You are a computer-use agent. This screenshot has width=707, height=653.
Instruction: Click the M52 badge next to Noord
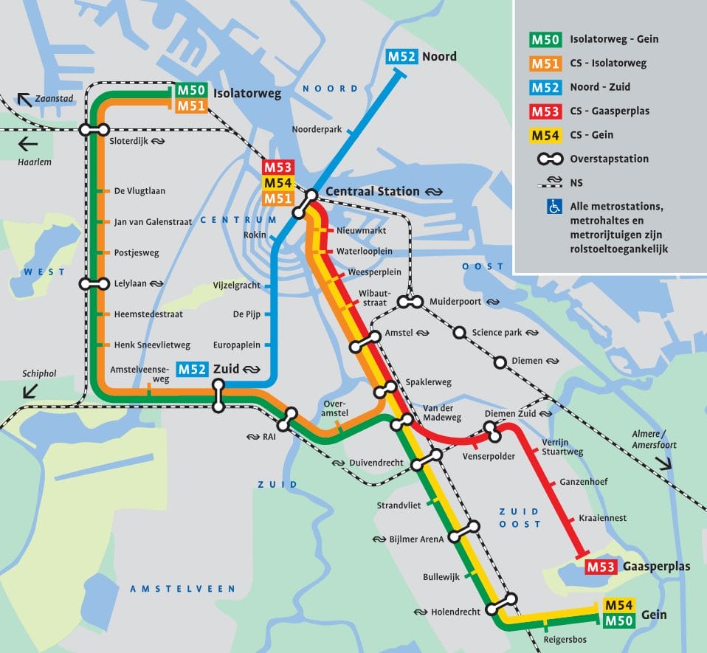(402, 57)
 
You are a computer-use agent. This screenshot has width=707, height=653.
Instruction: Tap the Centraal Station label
(372, 192)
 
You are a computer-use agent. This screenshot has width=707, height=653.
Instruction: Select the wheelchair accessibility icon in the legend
(553, 207)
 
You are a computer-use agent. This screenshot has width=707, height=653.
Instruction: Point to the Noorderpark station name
(317, 128)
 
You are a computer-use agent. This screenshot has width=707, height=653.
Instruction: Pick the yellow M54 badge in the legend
(545, 135)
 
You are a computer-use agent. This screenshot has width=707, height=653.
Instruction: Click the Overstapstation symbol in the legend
(545, 159)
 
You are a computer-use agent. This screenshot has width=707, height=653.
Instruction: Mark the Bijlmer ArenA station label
(417, 539)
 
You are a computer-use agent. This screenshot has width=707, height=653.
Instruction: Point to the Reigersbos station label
(565, 639)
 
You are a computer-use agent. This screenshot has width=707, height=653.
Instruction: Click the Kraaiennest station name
(603, 518)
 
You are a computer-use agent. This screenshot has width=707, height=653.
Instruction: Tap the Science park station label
(497, 333)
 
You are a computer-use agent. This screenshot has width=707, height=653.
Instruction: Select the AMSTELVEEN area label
(182, 589)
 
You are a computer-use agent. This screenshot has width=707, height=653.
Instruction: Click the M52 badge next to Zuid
(192, 370)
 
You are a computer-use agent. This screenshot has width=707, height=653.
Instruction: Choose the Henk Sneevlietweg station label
(152, 345)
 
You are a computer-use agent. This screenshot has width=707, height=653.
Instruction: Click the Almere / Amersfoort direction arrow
(662, 463)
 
